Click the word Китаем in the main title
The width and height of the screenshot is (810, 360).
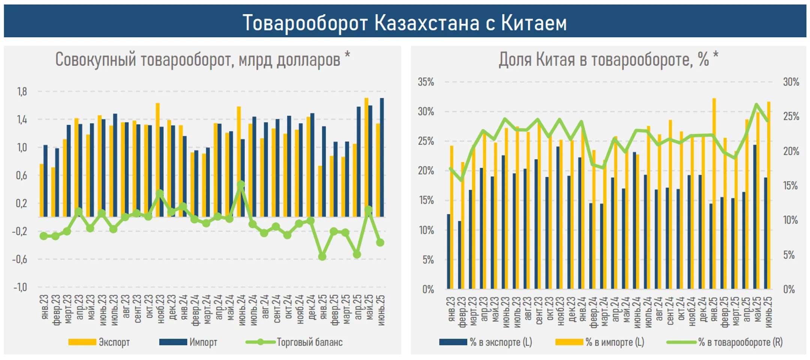point(534,23)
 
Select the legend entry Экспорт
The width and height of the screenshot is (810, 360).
point(114,342)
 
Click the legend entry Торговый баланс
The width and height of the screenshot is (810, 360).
point(309,342)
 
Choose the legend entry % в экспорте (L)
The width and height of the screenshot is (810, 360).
point(500,342)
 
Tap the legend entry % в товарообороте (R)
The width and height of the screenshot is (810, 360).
point(740,342)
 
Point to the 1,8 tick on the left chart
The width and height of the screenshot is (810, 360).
point(22,91)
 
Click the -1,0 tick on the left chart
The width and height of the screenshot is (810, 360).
point(20,287)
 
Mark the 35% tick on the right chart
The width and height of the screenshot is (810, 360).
point(426,82)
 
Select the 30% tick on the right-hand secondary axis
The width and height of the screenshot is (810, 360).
point(791,82)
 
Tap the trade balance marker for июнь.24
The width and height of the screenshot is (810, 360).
point(241,184)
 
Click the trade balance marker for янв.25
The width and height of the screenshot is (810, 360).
point(322,256)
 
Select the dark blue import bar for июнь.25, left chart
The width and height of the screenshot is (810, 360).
point(382,157)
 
